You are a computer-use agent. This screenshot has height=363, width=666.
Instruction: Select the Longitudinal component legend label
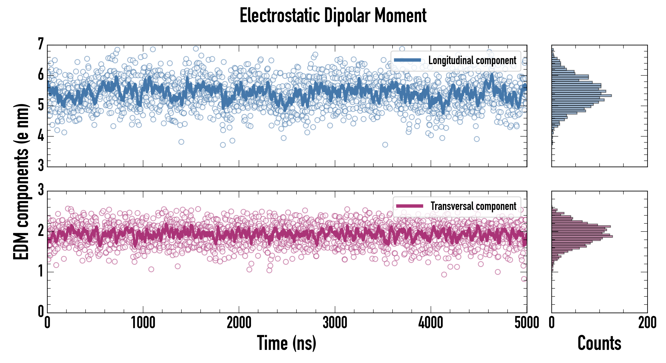click(472, 60)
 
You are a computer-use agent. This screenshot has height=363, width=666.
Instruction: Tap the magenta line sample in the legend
click(409, 206)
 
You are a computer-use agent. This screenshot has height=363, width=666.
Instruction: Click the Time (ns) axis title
click(286, 343)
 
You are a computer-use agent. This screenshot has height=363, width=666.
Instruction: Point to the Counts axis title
click(599, 343)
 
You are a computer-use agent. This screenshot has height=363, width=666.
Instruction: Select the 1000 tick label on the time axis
click(143, 323)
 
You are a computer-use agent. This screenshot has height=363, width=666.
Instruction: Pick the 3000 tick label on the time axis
click(335, 323)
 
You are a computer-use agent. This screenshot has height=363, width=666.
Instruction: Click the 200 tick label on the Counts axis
click(647, 323)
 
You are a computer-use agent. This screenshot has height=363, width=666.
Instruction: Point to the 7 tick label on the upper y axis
click(41, 44)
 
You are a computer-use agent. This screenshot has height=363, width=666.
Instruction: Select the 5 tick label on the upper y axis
click(41, 105)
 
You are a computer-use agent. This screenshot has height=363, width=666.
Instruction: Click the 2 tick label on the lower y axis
click(41, 231)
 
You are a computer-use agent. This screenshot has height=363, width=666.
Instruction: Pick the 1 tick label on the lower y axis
click(41, 271)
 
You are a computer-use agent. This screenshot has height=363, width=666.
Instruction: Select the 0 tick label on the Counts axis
click(552, 323)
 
